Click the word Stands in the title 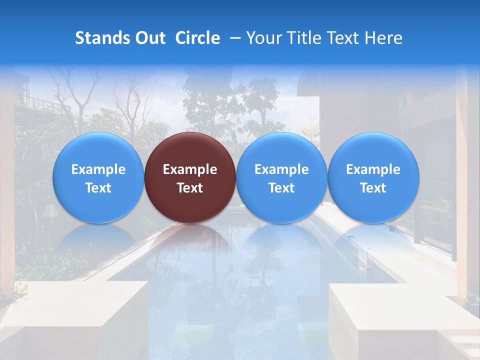click(99, 38)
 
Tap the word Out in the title click(149, 38)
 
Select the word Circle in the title click(197, 38)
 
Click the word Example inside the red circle click(190, 169)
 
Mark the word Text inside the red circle click(190, 188)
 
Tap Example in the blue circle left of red click(98, 169)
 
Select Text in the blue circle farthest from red click(373, 188)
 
